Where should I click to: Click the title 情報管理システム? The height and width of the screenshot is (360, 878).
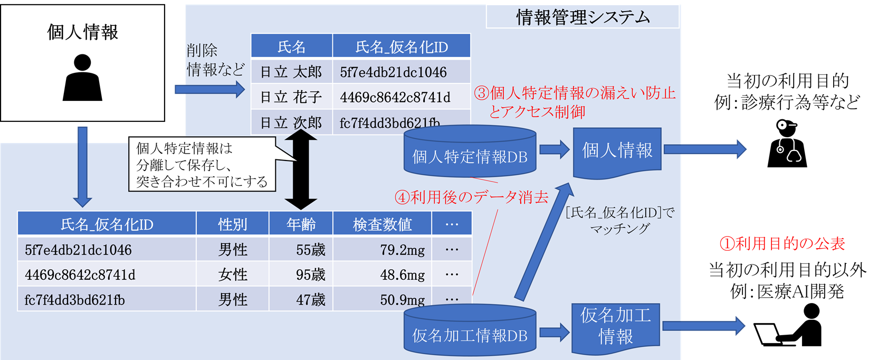coord(583,17)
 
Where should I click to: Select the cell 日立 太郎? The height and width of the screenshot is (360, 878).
coord(291,72)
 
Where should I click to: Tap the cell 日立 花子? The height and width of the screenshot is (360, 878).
coord(291,97)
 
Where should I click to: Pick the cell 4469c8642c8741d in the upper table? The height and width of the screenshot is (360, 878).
coord(395,97)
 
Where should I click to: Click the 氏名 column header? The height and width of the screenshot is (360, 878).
coord(291,47)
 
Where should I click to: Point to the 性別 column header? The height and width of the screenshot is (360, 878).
coord(233,224)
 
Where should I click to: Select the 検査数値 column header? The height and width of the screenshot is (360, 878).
coord(382,224)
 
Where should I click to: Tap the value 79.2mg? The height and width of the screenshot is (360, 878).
coord(402,250)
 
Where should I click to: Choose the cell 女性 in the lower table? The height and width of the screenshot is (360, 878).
coord(233,274)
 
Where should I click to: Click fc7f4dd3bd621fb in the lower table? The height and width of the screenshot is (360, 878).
coord(75,300)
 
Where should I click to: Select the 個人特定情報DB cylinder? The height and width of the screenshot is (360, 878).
coord(470,153)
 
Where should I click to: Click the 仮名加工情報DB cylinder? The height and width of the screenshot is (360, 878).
coord(470,331)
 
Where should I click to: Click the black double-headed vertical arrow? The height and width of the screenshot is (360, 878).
coord(301,169)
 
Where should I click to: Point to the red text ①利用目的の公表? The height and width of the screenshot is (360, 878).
coord(782,243)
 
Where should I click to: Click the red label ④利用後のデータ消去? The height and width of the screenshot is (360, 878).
coord(472,197)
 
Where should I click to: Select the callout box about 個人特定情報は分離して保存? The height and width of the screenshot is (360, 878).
coord(202,164)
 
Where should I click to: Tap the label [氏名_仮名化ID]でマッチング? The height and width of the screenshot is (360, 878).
coord(620,220)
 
